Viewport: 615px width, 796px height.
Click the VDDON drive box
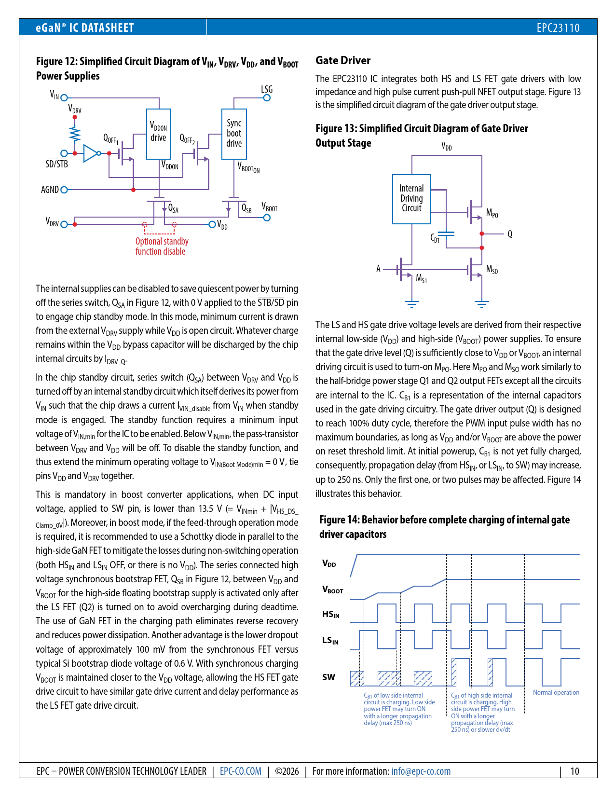158,134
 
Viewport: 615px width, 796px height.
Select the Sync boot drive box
234,134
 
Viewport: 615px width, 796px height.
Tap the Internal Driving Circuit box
411,199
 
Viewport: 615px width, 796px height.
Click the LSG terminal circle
267,98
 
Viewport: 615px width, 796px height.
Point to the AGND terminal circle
64,190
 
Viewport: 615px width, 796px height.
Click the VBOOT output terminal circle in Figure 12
267,218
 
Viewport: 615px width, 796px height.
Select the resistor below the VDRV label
75,133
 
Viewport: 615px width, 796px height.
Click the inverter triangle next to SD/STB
90,153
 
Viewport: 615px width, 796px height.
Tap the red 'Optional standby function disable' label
162,246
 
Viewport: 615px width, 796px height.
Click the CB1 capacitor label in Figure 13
435,238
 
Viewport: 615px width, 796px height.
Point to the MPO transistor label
492,213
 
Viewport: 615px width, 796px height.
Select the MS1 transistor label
421,278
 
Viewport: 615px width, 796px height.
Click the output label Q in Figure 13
510,234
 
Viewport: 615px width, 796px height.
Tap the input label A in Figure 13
379,269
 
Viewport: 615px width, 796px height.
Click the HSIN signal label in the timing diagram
331,614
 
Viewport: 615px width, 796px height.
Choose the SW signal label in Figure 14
328,677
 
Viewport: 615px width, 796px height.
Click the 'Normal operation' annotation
556,692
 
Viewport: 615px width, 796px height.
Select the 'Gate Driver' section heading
343,60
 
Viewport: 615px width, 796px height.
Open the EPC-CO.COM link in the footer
241,771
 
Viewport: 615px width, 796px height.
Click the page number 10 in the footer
574,771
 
